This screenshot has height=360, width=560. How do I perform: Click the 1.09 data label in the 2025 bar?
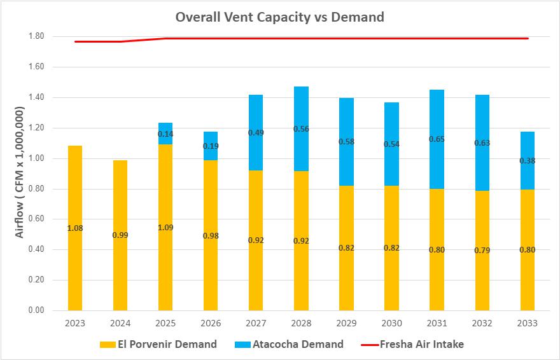(165, 228)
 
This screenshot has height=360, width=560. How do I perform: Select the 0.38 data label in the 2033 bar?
(527, 161)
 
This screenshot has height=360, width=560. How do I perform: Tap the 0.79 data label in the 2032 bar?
(482, 250)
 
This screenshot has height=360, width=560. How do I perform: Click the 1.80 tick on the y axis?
(36, 36)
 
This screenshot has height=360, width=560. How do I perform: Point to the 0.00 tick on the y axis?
(36, 310)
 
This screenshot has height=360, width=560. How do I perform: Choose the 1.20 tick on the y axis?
(36, 128)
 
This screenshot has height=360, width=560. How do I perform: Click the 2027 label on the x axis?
(256, 323)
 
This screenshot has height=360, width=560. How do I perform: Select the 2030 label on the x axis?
(391, 323)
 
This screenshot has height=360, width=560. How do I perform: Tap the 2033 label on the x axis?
(527, 323)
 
